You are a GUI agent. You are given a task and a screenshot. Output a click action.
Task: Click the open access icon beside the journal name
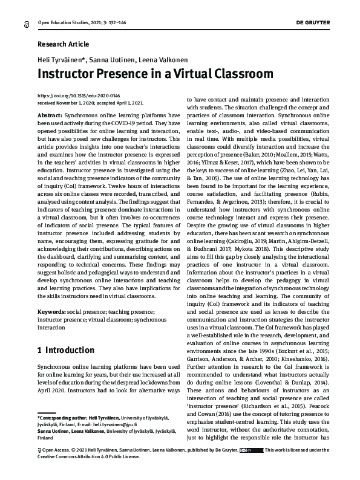(25, 23)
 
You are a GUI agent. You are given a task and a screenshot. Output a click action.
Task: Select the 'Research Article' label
(63, 44)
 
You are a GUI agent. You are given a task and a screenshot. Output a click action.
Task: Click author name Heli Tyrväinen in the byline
(64, 60)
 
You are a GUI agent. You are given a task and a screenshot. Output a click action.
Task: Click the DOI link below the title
(79, 96)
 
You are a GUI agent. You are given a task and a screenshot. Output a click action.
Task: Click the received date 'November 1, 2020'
(79, 103)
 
